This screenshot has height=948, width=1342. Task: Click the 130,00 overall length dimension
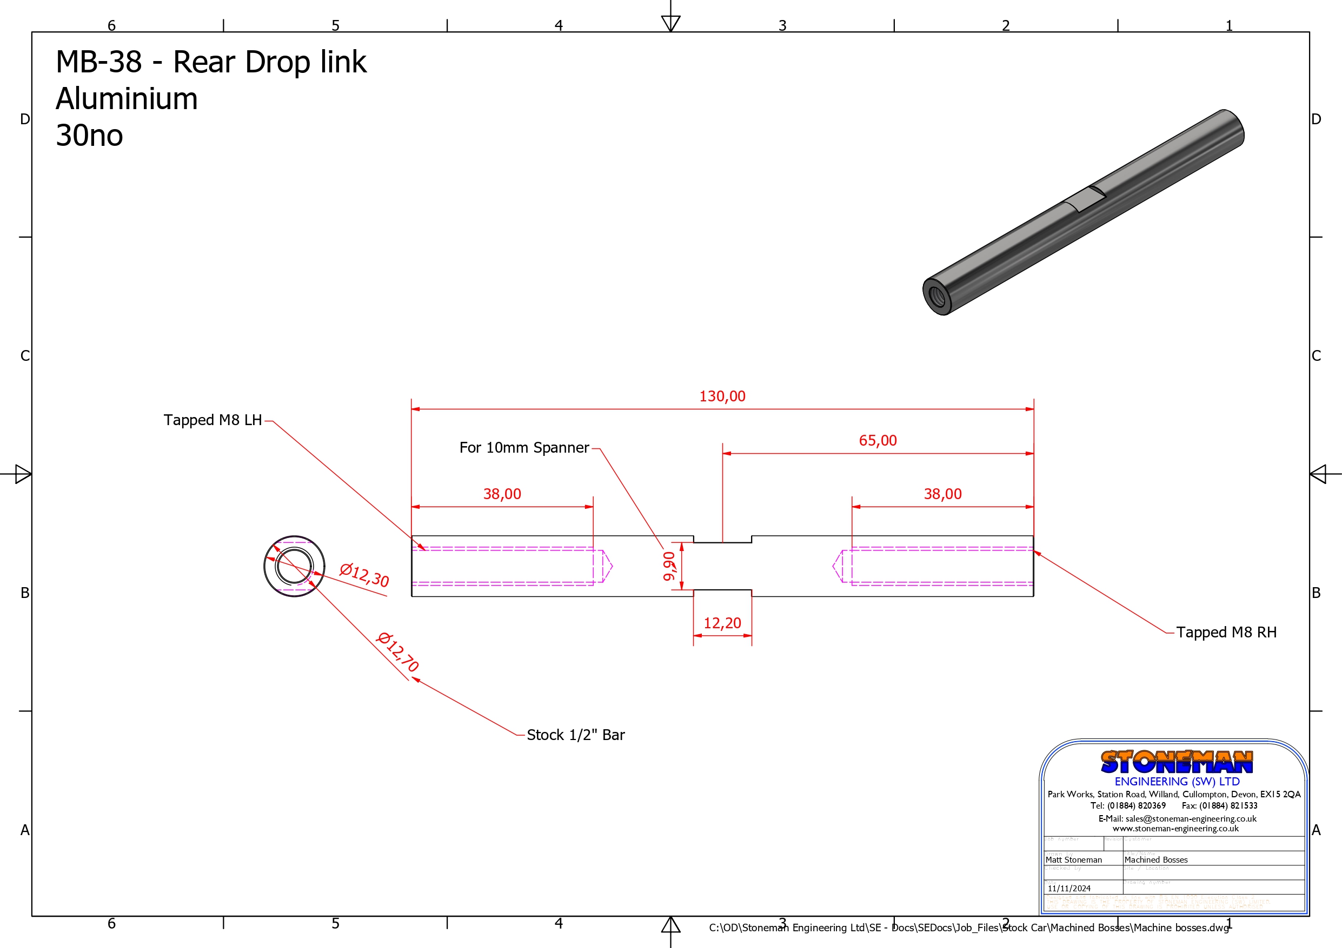coord(722,396)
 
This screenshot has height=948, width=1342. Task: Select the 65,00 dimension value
coord(878,441)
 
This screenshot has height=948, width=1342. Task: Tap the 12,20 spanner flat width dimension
coord(722,623)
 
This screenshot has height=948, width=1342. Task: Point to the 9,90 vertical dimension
coord(669,566)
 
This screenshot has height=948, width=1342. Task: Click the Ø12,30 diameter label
coord(364,575)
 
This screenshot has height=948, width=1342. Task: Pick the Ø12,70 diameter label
coord(398,652)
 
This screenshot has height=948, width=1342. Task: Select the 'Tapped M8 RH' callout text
coord(1226,633)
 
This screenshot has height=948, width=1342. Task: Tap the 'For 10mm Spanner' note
coord(524,448)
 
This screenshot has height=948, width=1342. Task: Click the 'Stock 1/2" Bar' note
coord(575,735)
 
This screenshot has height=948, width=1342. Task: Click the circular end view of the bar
coord(294,566)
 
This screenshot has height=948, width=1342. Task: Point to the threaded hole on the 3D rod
coord(937,296)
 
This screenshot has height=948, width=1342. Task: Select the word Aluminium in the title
coord(127,99)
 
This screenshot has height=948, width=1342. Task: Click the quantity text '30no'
coord(89,136)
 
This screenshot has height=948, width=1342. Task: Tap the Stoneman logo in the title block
coord(1176,762)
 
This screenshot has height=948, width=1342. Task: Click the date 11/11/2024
coord(1069,889)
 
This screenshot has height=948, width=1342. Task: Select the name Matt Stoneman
coord(1074,860)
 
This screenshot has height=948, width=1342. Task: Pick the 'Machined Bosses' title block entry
coord(1155,860)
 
